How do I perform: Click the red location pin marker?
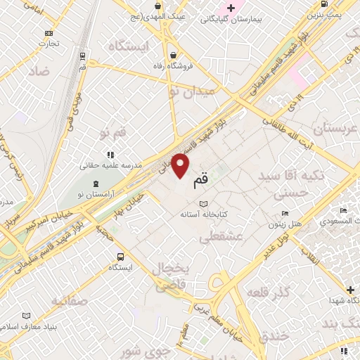[x=181, y=167]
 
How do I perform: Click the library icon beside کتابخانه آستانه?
[x=203, y=203]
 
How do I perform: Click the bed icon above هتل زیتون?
[x=285, y=213]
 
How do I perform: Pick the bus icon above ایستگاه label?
[x=120, y=256]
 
